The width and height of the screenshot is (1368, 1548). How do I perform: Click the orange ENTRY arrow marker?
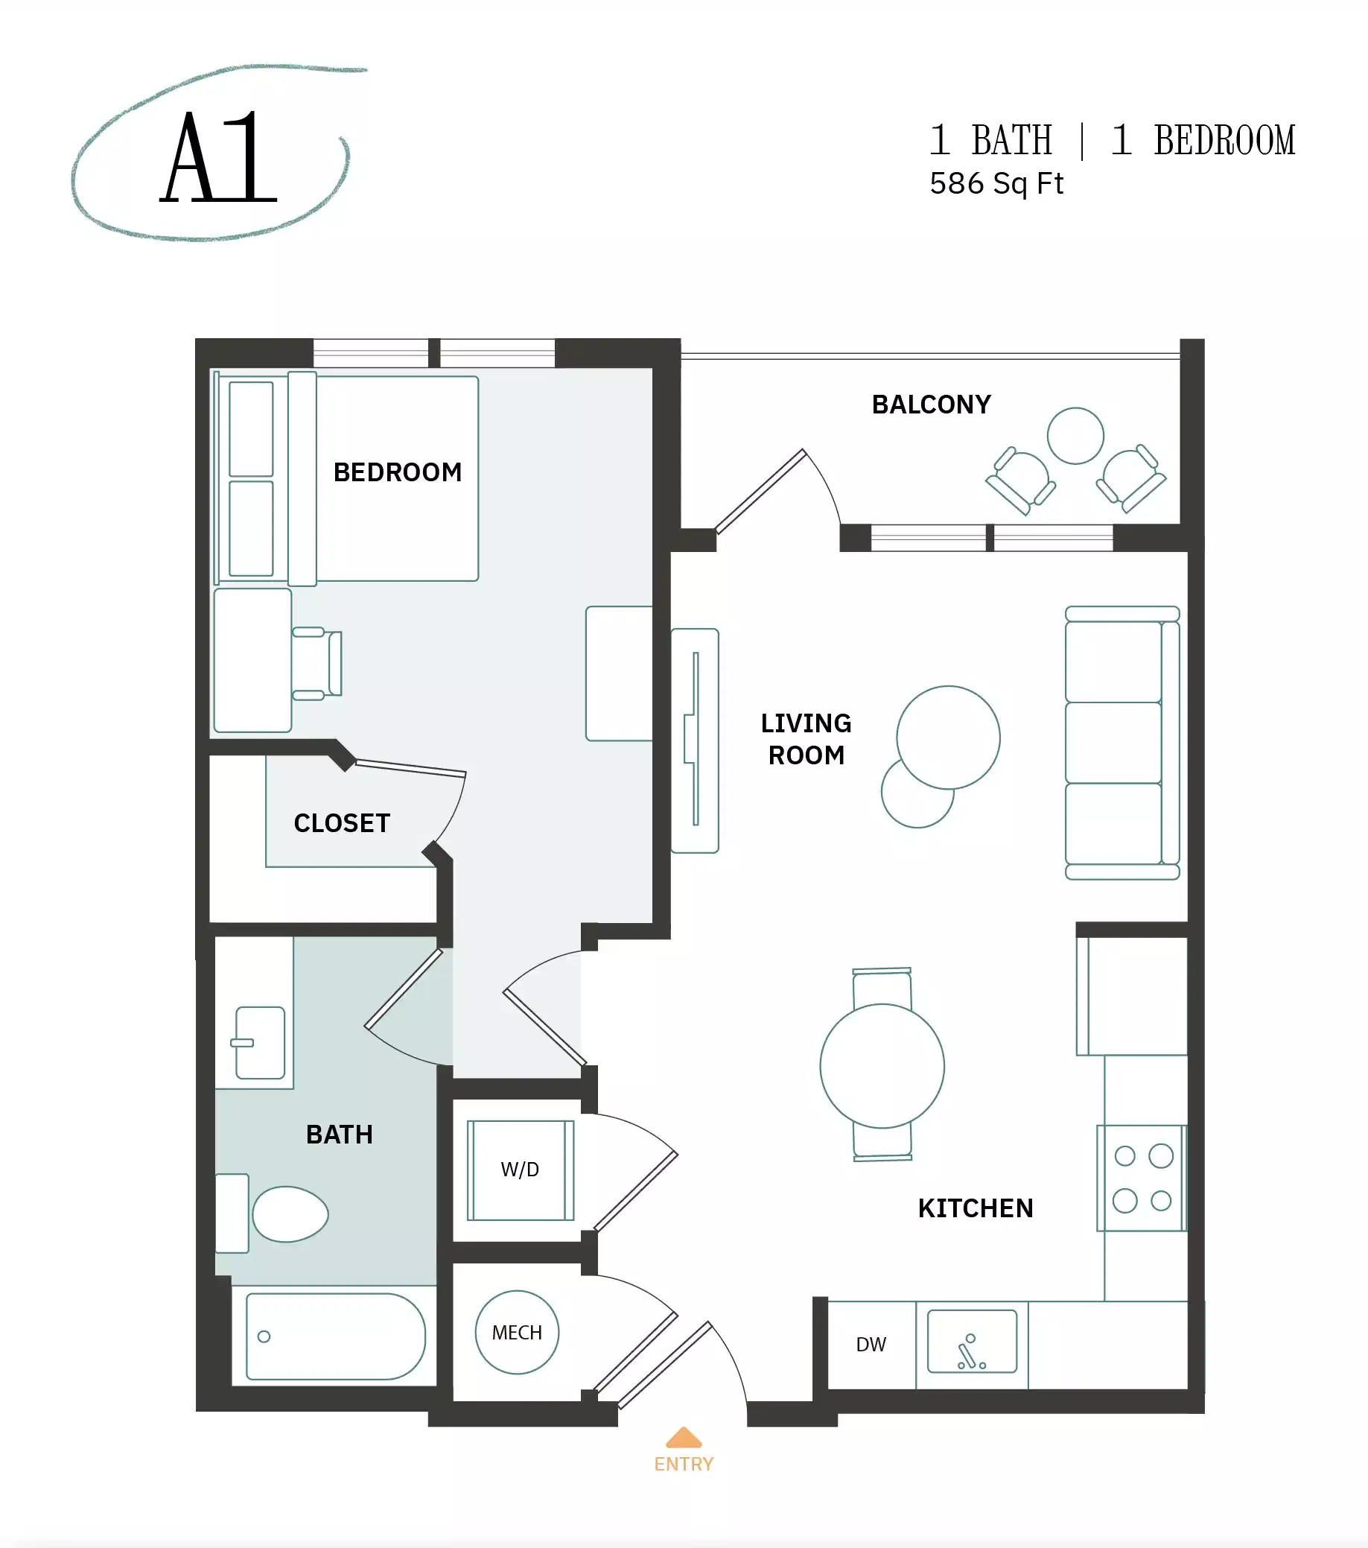(x=684, y=1438)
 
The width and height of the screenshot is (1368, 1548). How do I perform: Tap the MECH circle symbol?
(x=517, y=1333)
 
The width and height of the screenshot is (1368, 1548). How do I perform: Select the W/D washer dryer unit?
(x=520, y=1170)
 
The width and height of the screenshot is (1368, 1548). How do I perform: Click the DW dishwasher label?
(x=871, y=1345)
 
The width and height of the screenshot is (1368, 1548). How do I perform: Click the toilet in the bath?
(x=289, y=1214)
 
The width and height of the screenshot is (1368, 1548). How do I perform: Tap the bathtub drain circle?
(x=264, y=1336)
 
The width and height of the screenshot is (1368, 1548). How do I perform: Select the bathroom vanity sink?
(x=260, y=1043)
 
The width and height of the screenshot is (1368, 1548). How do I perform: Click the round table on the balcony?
(x=1075, y=436)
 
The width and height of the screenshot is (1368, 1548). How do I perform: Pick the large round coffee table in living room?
(x=948, y=737)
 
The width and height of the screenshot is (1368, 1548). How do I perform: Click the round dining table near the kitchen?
(x=882, y=1066)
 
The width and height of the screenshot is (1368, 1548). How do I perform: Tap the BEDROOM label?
(x=398, y=472)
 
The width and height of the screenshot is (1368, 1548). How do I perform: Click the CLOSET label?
(x=341, y=823)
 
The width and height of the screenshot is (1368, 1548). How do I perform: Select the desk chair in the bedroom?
(x=318, y=664)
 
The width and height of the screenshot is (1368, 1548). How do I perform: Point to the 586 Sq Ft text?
(x=996, y=184)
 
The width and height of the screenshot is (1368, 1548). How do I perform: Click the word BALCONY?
(x=931, y=405)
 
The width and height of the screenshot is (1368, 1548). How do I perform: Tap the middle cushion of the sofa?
(x=1113, y=742)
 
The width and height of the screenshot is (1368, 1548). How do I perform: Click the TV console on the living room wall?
(x=694, y=740)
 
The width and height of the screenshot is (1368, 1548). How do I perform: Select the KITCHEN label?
(x=975, y=1208)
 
